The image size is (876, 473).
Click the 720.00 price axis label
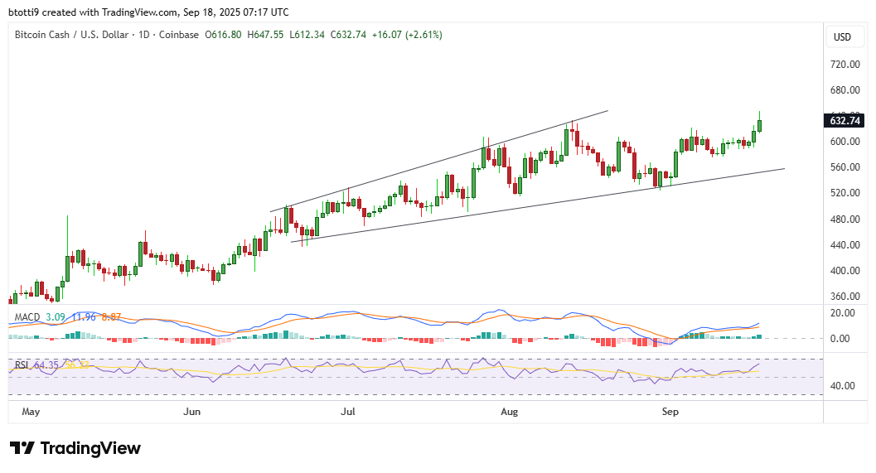(x=845, y=64)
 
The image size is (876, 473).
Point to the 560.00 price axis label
(x=845, y=167)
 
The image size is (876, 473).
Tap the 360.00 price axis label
(x=845, y=297)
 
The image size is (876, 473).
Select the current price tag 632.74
(x=845, y=120)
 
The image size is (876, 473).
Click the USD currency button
(x=843, y=36)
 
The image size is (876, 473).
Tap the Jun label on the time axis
(x=191, y=411)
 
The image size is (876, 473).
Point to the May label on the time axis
(x=31, y=411)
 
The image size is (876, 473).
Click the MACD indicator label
(x=28, y=316)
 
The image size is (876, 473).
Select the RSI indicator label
(x=22, y=364)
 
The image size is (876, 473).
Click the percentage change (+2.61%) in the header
(x=423, y=35)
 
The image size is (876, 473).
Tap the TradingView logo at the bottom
(x=75, y=448)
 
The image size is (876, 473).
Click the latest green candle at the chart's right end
(x=760, y=125)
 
